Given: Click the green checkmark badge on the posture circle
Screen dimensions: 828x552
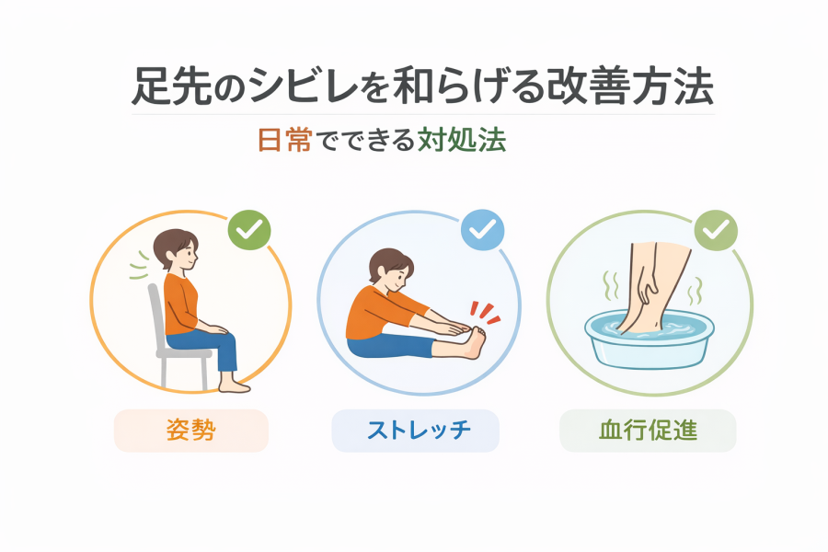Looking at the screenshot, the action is coord(249,230).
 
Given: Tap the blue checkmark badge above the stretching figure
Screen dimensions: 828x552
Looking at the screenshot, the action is coord(483,230).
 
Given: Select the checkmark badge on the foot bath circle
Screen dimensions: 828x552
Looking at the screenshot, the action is coord(716,230).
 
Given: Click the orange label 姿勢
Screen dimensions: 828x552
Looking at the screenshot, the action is coord(191,430).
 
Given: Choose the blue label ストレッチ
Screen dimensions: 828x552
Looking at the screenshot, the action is coord(419,430).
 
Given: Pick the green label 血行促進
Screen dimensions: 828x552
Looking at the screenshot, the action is coord(648,430).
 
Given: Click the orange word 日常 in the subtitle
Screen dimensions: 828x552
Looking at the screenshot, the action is coord(284,140).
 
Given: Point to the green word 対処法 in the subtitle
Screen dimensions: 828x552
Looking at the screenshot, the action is coord(462,140).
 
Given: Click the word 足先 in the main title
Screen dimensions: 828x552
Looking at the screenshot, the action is coord(170,86).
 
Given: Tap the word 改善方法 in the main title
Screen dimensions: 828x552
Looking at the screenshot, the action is coord(629,86).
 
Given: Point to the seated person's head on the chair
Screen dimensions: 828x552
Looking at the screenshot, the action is coord(176,249).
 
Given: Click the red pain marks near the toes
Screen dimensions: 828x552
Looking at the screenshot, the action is coord(485,313).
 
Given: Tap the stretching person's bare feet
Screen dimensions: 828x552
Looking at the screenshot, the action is coord(472,343).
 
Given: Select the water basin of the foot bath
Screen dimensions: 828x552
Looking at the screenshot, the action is coord(649,340).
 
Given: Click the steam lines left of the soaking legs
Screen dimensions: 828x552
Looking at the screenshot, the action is coord(612,286).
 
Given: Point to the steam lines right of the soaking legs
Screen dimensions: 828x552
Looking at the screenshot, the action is coord(695,292).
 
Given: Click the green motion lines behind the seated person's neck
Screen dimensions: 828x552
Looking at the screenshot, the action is coord(140,265).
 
